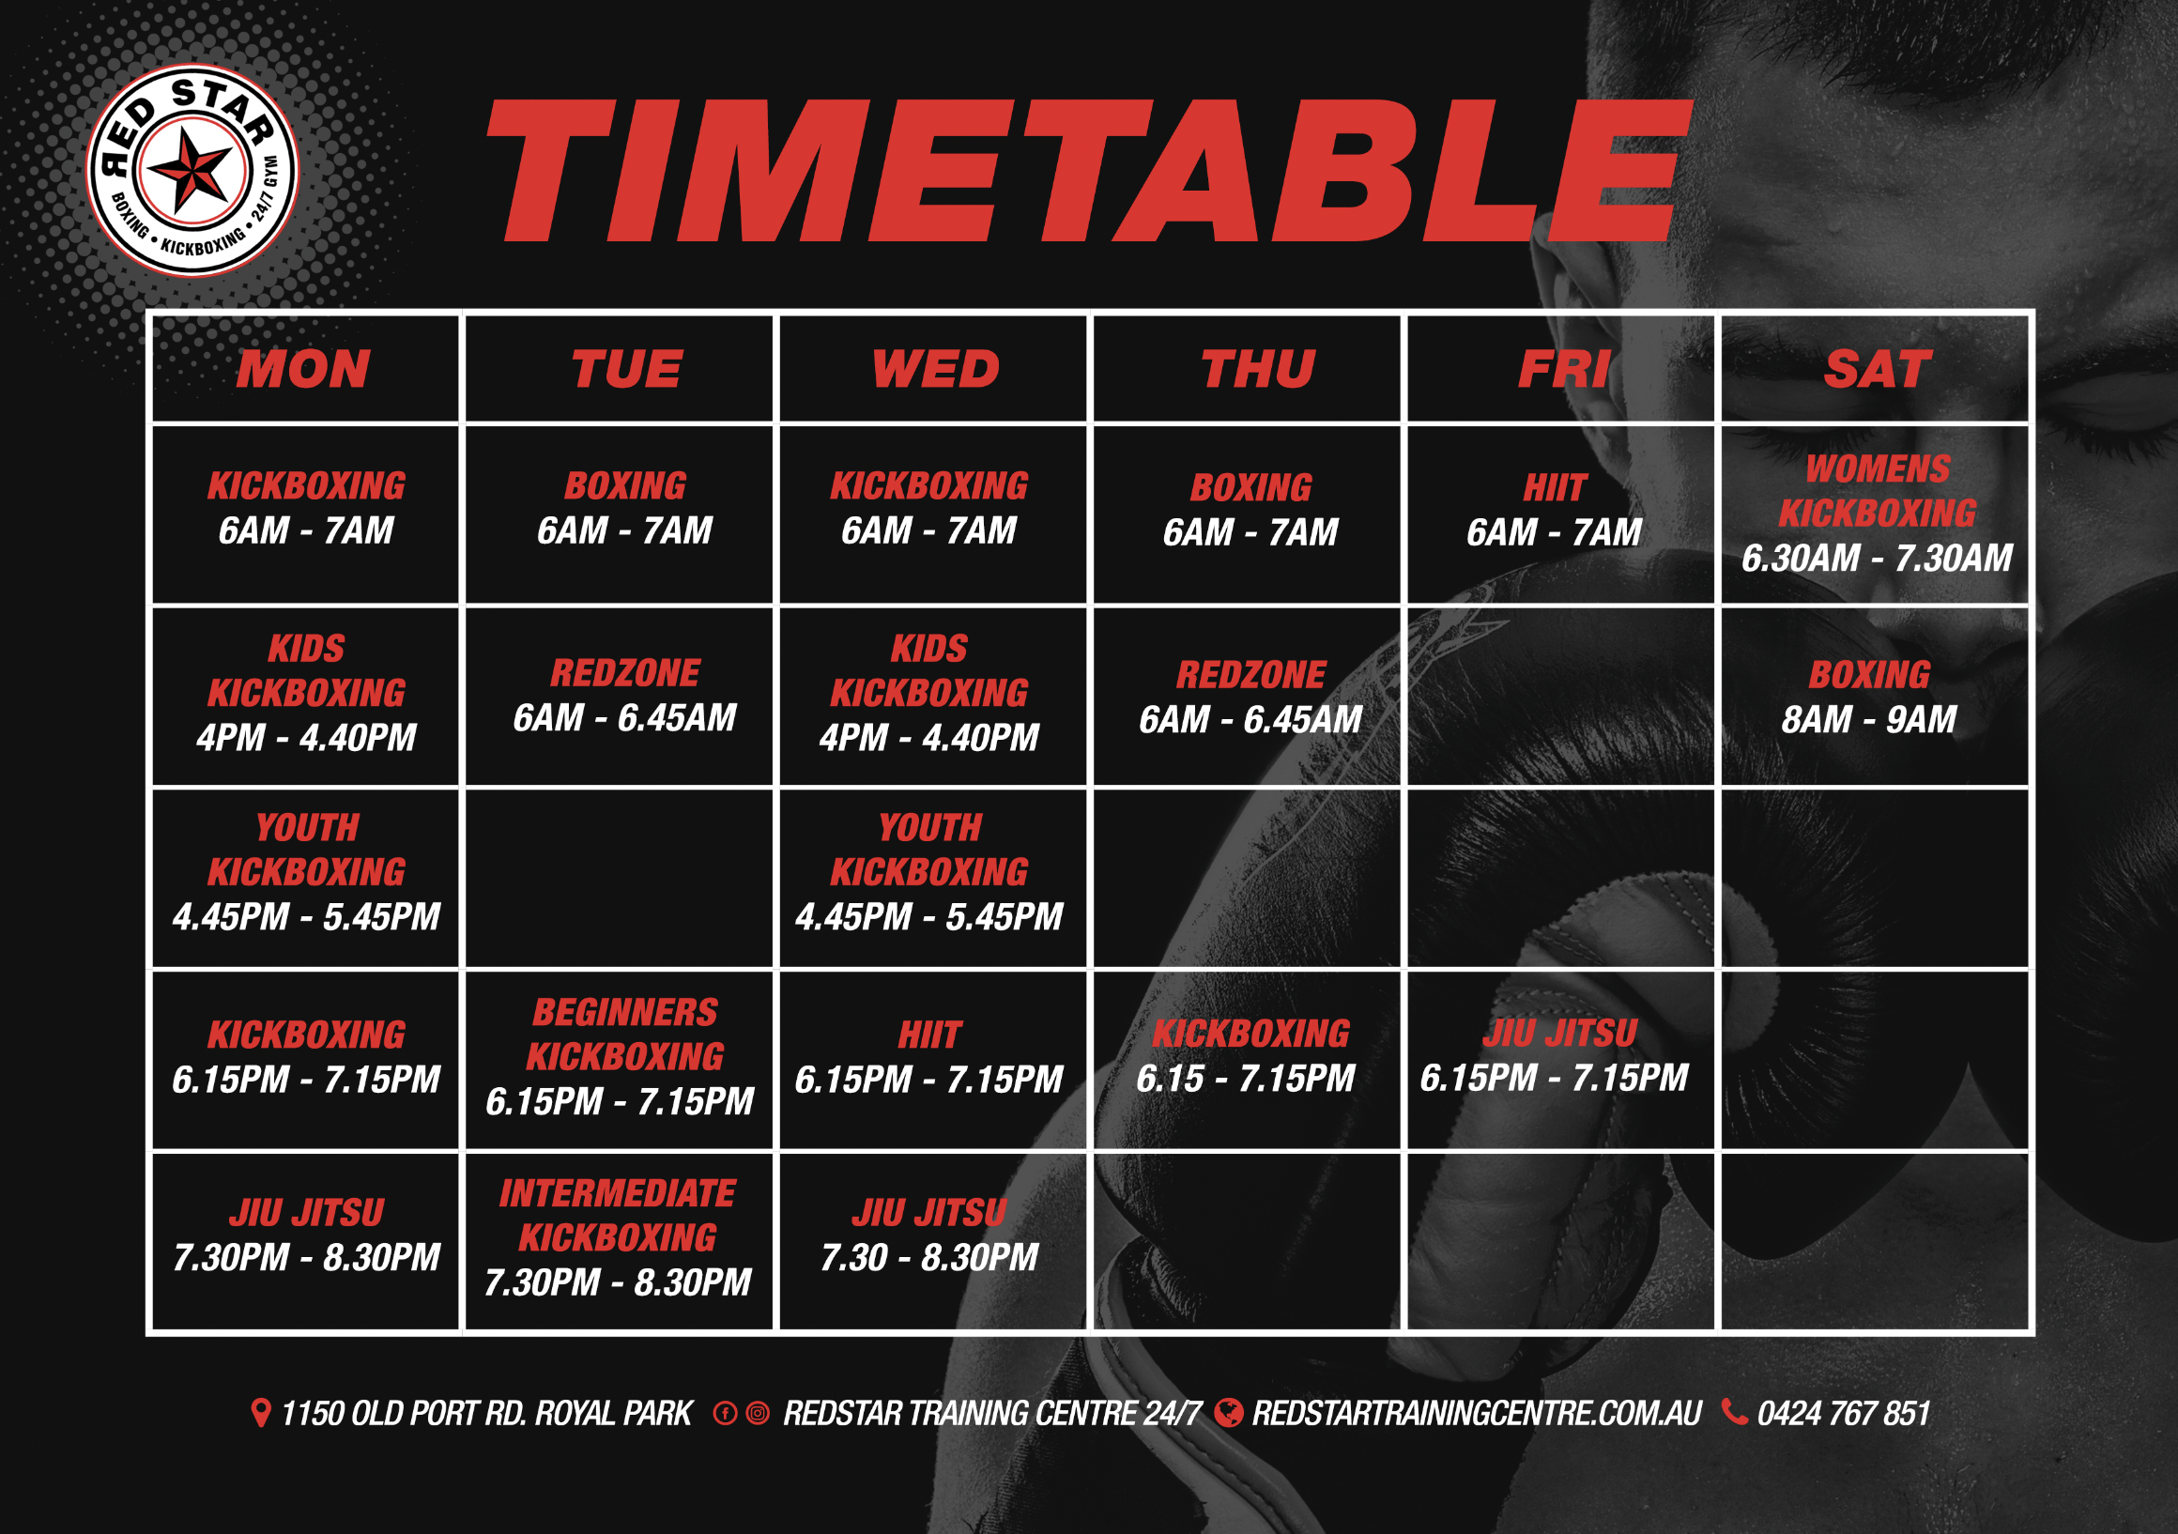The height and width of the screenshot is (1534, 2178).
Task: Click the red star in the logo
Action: tap(192, 171)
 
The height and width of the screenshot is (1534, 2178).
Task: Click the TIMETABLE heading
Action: tap(1089, 171)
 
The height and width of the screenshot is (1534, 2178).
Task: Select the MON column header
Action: tap(303, 369)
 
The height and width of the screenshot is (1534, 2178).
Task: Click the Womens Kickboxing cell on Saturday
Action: tap(1877, 514)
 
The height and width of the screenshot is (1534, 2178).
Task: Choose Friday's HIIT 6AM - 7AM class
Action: tap(1561, 514)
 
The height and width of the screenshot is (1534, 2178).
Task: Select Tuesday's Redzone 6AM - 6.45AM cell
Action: tap(620, 697)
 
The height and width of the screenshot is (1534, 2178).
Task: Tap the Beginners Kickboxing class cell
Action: tap(620, 1061)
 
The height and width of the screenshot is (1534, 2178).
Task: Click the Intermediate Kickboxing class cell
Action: tap(620, 1242)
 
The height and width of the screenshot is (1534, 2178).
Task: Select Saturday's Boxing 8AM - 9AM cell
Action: tap(1877, 697)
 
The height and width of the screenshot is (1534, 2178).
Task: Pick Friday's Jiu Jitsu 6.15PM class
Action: tap(1561, 1061)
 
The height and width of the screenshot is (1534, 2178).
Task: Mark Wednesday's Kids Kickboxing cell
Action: tap(933, 697)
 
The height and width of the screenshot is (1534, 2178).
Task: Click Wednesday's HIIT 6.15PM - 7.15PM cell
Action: tap(933, 1061)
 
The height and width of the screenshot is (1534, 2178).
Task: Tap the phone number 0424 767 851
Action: tap(1843, 1414)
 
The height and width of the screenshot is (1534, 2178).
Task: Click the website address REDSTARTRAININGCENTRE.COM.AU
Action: tap(1477, 1414)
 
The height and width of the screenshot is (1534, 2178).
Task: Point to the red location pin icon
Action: tap(260, 1413)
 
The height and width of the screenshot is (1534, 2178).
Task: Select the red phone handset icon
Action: tap(1734, 1413)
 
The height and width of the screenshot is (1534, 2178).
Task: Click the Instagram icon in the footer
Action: tap(758, 1414)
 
